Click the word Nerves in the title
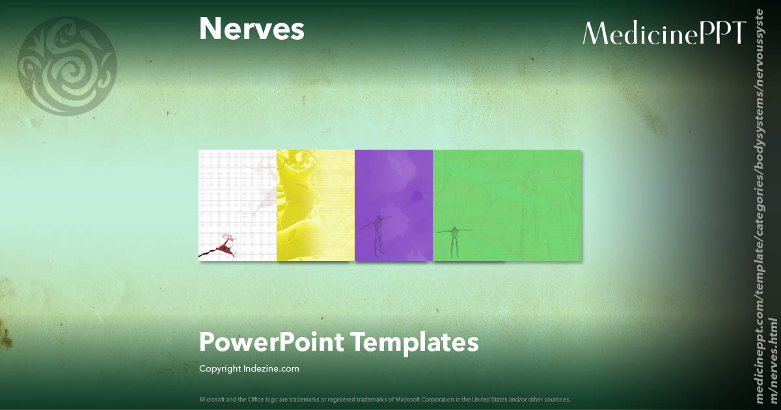[x=251, y=29]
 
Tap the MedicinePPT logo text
[x=663, y=33]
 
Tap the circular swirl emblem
[x=67, y=66]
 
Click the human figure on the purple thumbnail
[x=377, y=234]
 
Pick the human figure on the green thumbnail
[x=455, y=239]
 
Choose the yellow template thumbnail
[x=316, y=205]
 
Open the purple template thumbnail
[x=394, y=195]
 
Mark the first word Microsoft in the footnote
[x=211, y=399]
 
